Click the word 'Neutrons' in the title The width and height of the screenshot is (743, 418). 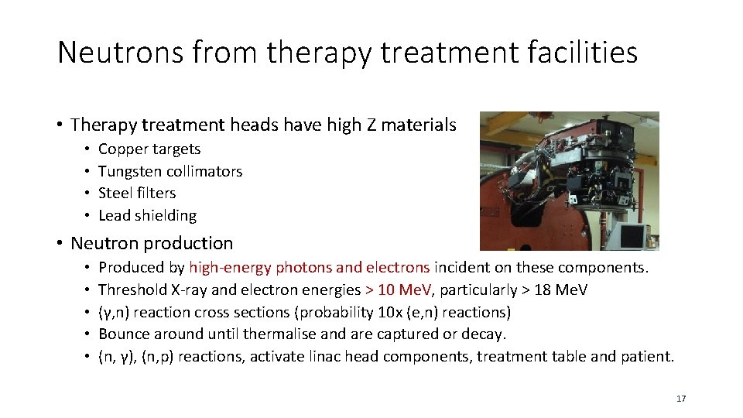click(108, 53)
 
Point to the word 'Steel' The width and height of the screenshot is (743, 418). click(115, 194)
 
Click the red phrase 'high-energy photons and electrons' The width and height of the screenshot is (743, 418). click(309, 268)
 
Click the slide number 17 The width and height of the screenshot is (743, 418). click(681, 399)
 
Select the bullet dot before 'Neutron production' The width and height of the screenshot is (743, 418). click(60, 244)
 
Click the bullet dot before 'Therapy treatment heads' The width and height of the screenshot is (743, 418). click(60, 125)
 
